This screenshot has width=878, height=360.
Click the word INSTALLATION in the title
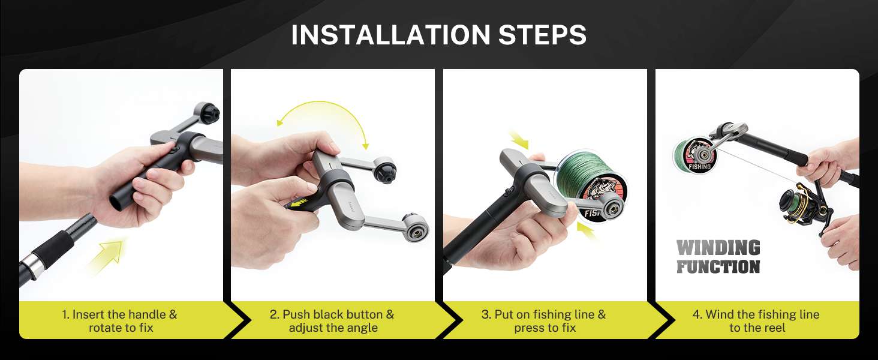pos(390,35)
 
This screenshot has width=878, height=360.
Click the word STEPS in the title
pos(543,35)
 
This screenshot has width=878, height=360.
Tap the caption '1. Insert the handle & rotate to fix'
pos(120,321)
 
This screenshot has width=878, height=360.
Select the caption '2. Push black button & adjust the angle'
pos(332,321)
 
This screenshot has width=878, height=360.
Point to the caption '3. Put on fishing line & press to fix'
pos(544,321)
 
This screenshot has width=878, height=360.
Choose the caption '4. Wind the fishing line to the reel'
pos(756,321)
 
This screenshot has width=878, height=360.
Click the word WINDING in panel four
pos(718,247)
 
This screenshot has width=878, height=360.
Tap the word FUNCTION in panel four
pos(718,266)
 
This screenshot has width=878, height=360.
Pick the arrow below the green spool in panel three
pos(587,230)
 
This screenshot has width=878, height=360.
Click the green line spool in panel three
pos(592,184)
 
